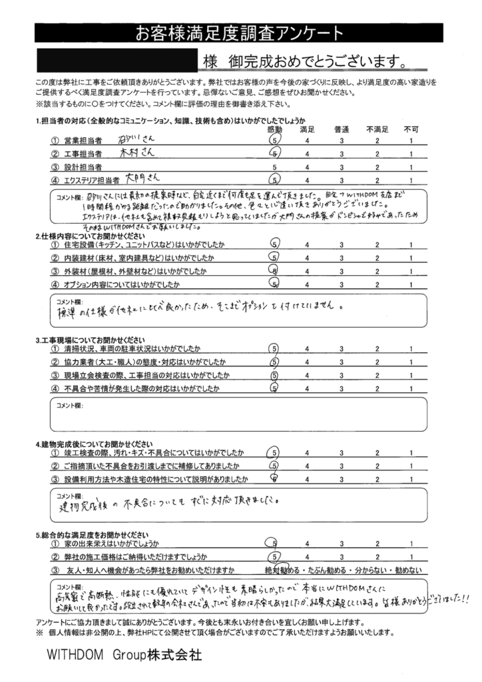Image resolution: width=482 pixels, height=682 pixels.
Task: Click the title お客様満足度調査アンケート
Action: [x=240, y=31]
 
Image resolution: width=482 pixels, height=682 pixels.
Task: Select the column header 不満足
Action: [x=375, y=129]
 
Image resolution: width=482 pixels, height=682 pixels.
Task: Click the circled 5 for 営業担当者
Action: [x=274, y=141]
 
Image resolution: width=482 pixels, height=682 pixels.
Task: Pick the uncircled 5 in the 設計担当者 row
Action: [x=274, y=167]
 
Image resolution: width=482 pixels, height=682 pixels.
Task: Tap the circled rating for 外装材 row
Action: [x=274, y=271]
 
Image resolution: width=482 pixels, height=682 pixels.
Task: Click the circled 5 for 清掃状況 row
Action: [x=274, y=348]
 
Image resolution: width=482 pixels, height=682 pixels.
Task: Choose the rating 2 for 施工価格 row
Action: [x=376, y=557]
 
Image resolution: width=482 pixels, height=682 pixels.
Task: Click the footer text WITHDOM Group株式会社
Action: [x=124, y=655]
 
